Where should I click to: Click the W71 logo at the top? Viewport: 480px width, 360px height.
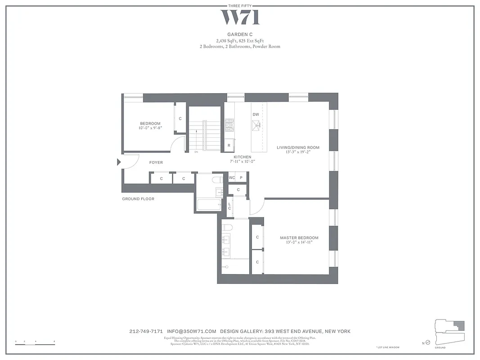pos(240,18)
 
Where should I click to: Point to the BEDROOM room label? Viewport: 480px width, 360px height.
pos(150,124)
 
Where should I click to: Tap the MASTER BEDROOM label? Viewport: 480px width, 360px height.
pos(299,238)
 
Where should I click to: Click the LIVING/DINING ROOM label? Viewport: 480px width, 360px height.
pos(298,148)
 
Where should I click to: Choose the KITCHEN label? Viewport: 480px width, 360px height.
pos(242,157)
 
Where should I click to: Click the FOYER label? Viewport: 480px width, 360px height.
pos(156,162)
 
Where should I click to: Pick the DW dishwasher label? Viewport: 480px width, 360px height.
pos(256,114)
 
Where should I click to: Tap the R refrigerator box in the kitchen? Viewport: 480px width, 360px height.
pos(229,145)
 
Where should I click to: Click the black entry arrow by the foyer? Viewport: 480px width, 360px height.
pos(119,162)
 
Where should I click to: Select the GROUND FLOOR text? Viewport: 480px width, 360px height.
pos(138,199)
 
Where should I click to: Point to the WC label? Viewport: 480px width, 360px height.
pos(232,178)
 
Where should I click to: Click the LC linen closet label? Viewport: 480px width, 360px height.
pos(229,206)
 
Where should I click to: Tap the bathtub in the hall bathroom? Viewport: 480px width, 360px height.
pos(208,205)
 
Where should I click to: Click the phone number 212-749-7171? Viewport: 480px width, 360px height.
pos(146,332)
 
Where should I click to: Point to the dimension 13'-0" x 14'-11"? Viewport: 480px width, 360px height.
pos(299,243)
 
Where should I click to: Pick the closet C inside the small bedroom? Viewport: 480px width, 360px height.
pos(180,119)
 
